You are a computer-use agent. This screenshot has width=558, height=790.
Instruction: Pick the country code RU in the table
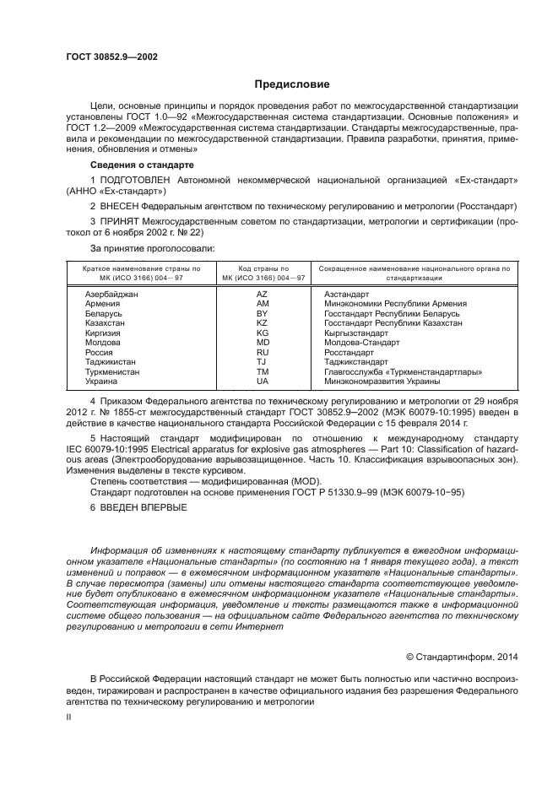pyautogui.click(x=262, y=351)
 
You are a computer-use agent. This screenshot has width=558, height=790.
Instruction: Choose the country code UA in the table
pyautogui.click(x=262, y=381)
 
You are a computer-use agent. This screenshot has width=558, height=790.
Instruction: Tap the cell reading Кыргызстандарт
pyautogui.click(x=357, y=333)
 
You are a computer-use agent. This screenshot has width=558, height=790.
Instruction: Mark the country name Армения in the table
pyautogui.click(x=102, y=304)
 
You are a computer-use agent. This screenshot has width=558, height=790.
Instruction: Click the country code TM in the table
pyautogui.click(x=262, y=371)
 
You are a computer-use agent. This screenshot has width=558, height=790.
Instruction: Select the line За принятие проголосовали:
pyautogui.click(x=152, y=249)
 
